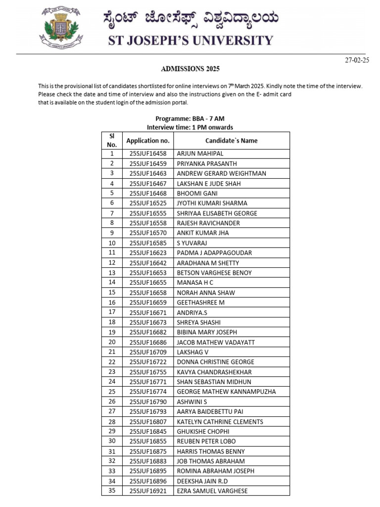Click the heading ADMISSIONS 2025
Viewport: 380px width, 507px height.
coord(190,69)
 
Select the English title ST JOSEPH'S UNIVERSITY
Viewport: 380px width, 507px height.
coord(190,40)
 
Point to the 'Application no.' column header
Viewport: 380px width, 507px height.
coord(148,141)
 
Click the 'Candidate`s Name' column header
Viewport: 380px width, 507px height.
coord(231,141)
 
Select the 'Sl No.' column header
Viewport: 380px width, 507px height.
coord(112,141)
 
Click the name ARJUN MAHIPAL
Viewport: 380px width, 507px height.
coord(200,154)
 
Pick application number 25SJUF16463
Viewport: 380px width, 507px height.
coord(148,173)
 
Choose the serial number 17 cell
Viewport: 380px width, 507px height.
coord(112,312)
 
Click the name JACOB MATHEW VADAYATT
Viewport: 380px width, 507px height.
coord(215,342)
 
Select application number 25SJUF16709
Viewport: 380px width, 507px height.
coord(148,352)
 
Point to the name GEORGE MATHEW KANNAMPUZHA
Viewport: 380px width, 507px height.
coord(226,392)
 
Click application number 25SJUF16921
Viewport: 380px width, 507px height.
coord(148,491)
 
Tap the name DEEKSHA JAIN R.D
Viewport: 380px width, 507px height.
coord(202,481)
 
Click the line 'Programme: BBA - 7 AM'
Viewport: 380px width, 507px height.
coord(190,119)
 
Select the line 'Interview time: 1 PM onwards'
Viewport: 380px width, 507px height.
coord(190,127)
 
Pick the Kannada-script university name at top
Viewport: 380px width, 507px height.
coord(191,19)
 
